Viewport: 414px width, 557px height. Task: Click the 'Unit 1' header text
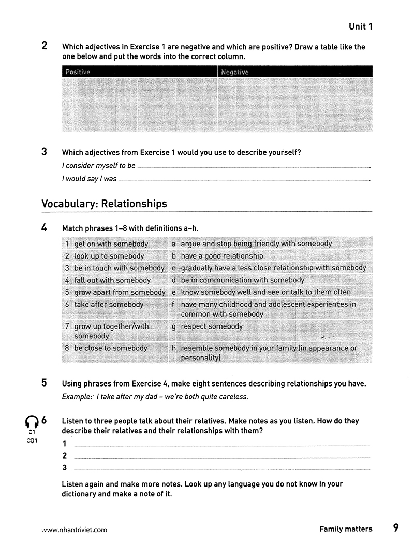360,26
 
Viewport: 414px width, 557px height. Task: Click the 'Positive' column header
78,72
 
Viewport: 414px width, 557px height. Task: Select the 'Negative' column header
235,72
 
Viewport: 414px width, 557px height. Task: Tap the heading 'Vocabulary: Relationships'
104,204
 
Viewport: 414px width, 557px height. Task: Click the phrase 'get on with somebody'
111,244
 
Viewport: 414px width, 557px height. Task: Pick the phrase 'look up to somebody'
109,256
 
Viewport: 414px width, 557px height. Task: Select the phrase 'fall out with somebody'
112,280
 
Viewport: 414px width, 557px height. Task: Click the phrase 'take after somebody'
109,305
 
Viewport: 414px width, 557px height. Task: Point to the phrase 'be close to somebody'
111,348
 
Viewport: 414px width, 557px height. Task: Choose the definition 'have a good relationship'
222,256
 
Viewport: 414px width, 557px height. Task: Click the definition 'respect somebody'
212,326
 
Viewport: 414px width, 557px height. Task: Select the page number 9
396,528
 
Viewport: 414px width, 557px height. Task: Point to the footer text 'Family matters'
346,529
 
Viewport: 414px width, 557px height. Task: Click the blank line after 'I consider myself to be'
254,167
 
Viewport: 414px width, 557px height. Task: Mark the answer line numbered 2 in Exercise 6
223,457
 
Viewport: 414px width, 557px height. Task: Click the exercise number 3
45,152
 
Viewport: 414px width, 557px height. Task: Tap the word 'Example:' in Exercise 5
78,397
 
